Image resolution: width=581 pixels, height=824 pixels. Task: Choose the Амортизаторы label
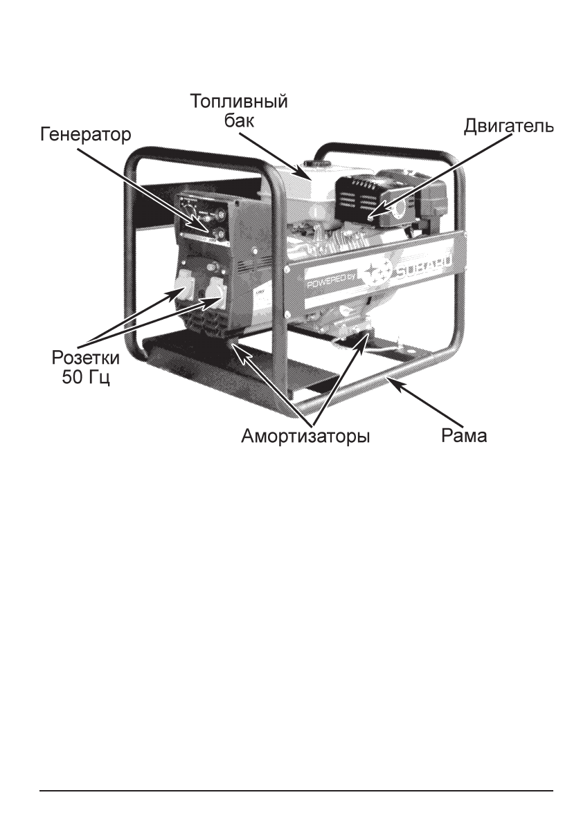tap(305, 438)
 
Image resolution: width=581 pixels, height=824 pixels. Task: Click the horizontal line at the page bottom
tap(296, 789)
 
